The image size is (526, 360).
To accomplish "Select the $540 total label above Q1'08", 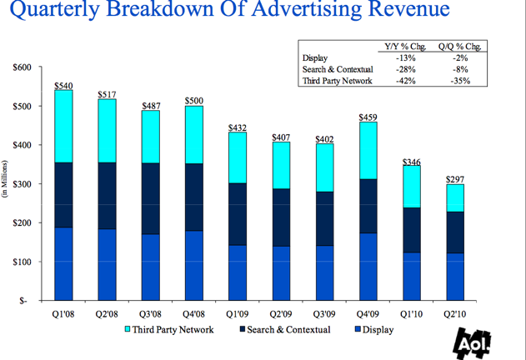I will [x=63, y=85].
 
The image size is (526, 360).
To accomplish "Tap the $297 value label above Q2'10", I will [x=454, y=179].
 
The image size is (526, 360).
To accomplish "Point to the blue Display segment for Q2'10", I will [x=454, y=277].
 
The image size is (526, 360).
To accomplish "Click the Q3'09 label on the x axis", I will [x=324, y=315].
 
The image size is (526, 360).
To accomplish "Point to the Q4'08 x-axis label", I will [x=193, y=315].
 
